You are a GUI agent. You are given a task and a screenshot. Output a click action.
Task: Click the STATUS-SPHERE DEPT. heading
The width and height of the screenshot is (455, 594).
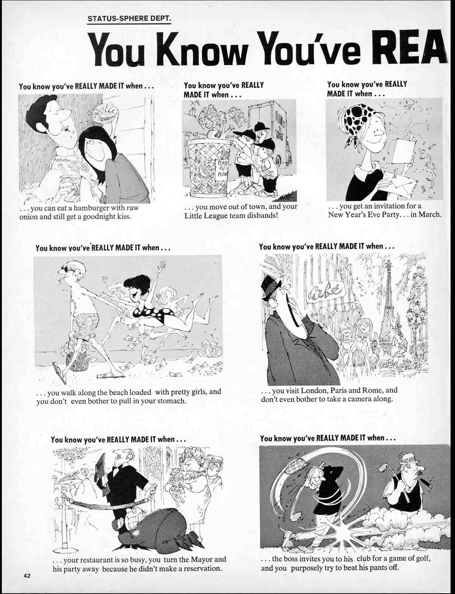pyautogui.click(x=129, y=18)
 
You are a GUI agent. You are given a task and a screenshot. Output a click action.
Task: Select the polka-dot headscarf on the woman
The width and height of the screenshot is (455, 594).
pyautogui.click(x=357, y=122)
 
